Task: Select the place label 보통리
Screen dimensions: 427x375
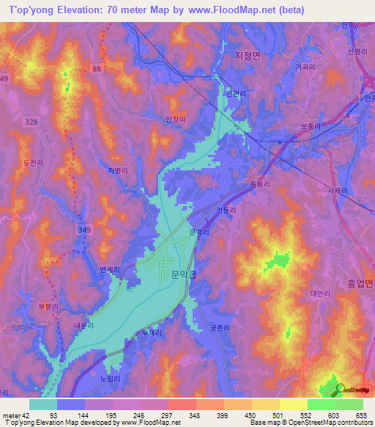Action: pos(311,125)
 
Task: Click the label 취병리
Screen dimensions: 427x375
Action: pos(118,169)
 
